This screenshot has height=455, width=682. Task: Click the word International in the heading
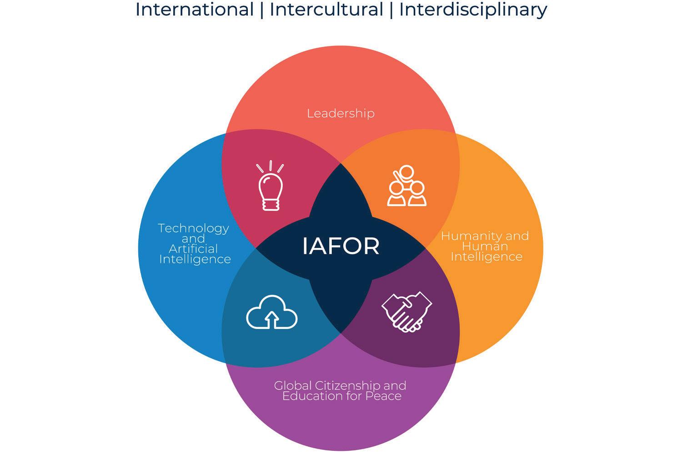point(194,10)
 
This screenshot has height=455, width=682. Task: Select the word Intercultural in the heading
point(326,10)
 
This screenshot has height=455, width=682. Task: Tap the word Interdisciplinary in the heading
point(473,10)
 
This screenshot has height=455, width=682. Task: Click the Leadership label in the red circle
point(341,113)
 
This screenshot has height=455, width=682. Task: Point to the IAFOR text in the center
point(341,246)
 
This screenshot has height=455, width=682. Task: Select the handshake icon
point(406,312)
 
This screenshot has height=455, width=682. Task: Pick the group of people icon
point(406,186)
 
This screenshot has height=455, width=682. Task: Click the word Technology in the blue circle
point(193,228)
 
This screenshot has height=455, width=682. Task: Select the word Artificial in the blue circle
point(193,249)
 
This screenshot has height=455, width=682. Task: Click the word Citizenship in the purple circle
point(348,386)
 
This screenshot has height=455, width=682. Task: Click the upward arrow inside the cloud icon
point(271,319)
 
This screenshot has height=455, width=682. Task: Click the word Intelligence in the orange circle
point(486,257)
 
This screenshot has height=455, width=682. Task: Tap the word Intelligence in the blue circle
point(195,259)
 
